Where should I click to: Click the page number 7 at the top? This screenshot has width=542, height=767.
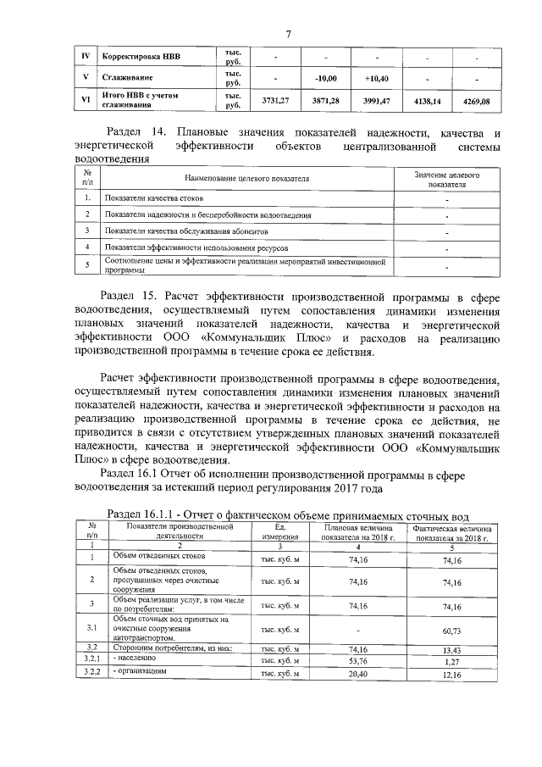coord(288,34)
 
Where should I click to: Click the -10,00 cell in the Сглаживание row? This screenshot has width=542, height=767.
coord(326,78)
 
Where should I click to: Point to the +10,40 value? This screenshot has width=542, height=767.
coord(375,78)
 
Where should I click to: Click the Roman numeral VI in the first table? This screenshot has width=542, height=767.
coord(84,101)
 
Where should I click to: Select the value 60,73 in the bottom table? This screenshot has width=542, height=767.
coord(451,631)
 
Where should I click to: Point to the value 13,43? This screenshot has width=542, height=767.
coord(451,648)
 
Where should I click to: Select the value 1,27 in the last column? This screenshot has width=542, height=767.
coord(451,659)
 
